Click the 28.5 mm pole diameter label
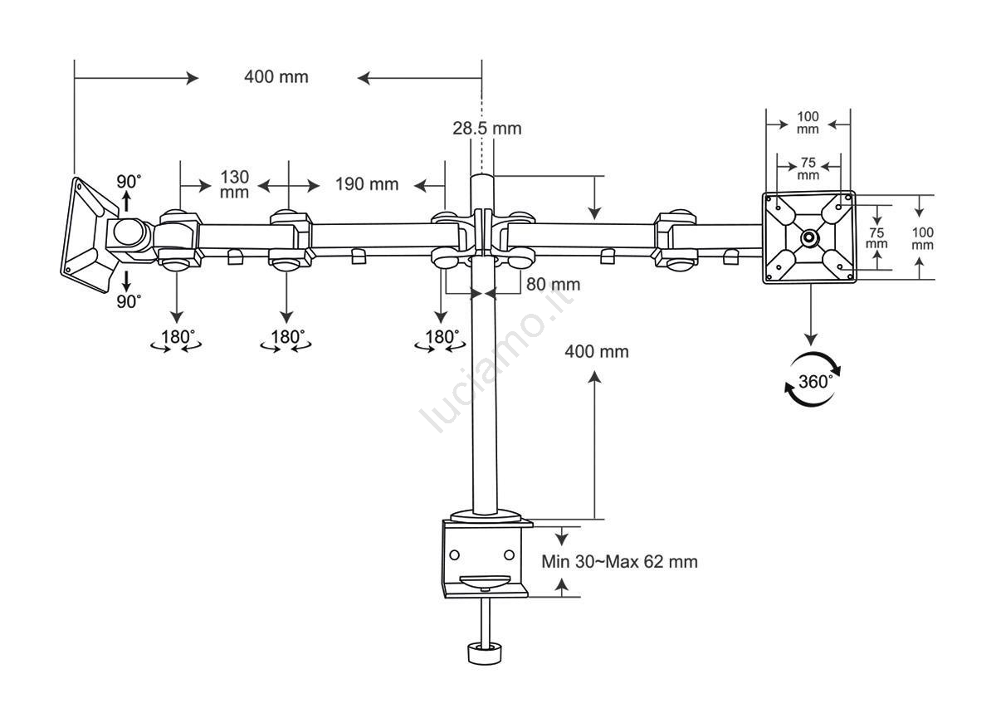tap(487, 129)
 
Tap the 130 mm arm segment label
tap(234, 184)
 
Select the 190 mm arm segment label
tap(367, 184)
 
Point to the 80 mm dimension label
tap(553, 285)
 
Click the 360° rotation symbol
tap(813, 379)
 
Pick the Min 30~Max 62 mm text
tap(619, 562)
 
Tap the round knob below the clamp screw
tap(485, 653)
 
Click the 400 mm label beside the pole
tap(597, 352)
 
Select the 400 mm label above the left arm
tap(276, 77)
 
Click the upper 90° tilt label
tap(129, 182)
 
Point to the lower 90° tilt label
tap(129, 301)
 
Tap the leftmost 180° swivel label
tap(178, 337)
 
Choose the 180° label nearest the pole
tap(442, 337)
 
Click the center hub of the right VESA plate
tap(809, 237)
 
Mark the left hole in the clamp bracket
tap(455, 554)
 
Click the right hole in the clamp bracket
tap(509, 554)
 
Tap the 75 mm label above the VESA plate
tap(808, 169)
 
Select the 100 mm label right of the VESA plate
tap(923, 238)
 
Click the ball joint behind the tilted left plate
tap(128, 232)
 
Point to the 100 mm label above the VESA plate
tap(808, 123)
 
